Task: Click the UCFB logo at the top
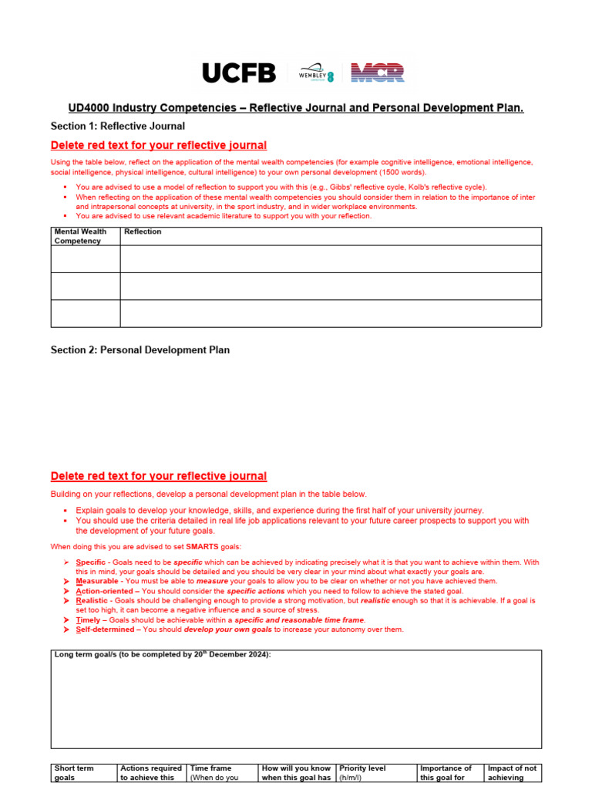click(239, 73)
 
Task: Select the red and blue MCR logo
click(377, 73)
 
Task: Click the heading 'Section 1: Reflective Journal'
click(117, 126)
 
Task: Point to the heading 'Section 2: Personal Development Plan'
click(140, 349)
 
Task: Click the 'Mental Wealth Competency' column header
click(80, 236)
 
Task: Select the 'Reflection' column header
click(143, 231)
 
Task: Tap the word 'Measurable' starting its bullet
click(97, 581)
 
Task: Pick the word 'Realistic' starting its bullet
click(92, 600)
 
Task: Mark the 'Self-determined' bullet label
click(106, 630)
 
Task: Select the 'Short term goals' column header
click(74, 773)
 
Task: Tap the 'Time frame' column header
click(210, 768)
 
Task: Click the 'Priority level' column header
click(362, 768)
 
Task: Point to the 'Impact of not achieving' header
click(511, 773)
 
